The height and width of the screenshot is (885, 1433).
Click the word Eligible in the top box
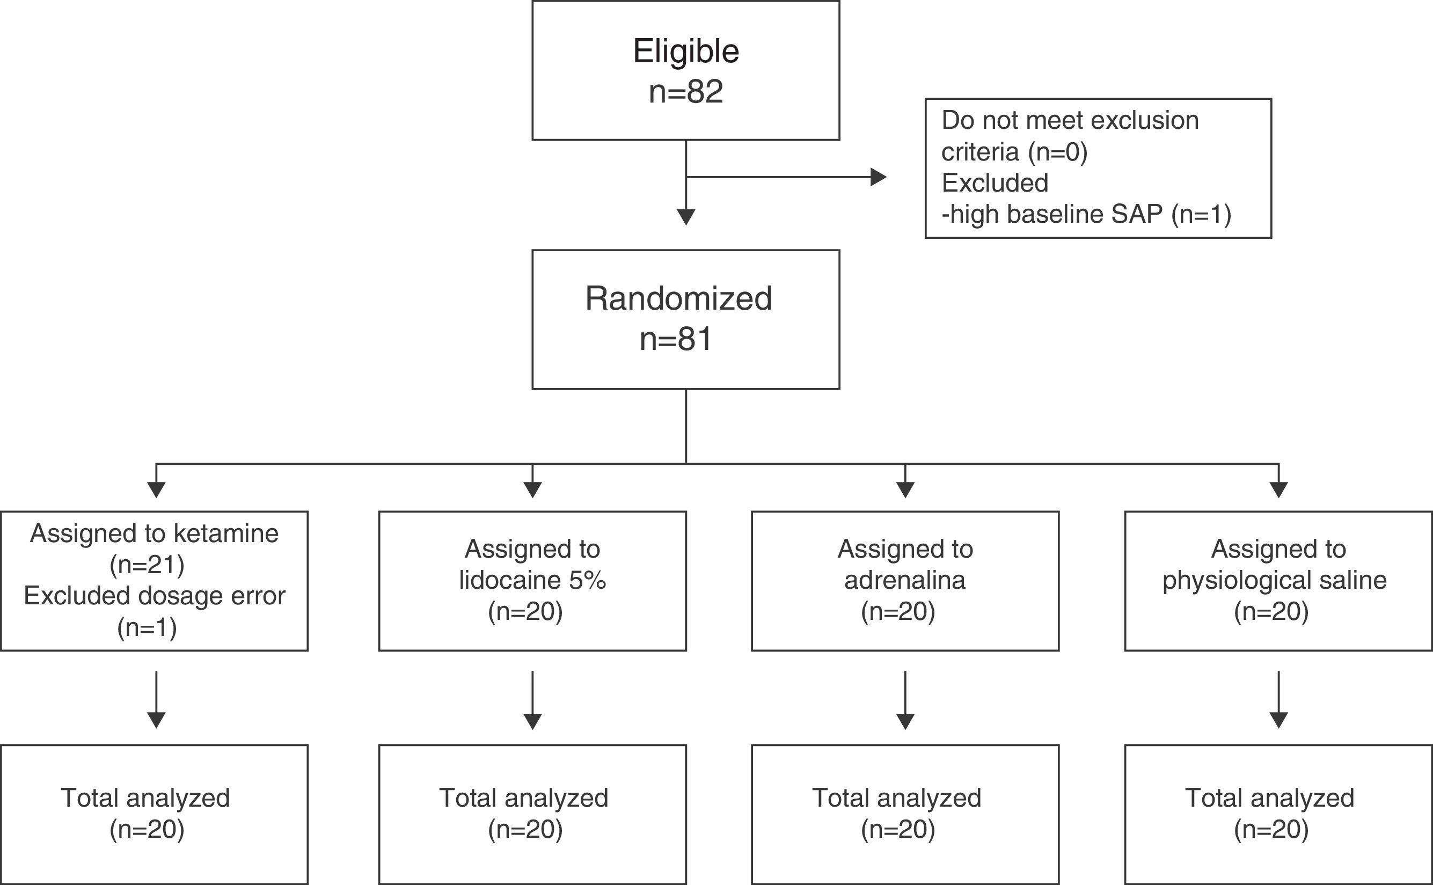(685, 52)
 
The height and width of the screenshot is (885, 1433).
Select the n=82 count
(685, 92)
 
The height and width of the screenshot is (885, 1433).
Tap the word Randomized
(678, 298)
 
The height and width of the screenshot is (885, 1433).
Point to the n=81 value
(676, 339)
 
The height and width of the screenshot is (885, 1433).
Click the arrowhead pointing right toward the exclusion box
(878, 177)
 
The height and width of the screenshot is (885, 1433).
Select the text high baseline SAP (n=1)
(1086, 214)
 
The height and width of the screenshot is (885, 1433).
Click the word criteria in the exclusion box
(980, 152)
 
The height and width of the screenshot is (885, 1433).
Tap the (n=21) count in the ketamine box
(147, 565)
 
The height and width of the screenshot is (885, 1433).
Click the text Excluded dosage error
(155, 596)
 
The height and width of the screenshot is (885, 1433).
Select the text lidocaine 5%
(531, 580)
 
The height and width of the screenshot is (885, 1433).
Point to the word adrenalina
(904, 580)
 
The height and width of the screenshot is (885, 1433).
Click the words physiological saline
(1274, 580)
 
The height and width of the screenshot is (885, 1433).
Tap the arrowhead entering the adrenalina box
(905, 489)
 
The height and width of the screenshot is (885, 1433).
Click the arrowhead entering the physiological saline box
(1278, 489)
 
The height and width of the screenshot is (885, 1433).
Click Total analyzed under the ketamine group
(145, 798)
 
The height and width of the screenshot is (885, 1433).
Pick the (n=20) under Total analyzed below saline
(1271, 829)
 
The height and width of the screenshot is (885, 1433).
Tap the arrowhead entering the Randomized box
(685, 217)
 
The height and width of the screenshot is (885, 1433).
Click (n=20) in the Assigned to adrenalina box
(898, 612)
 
